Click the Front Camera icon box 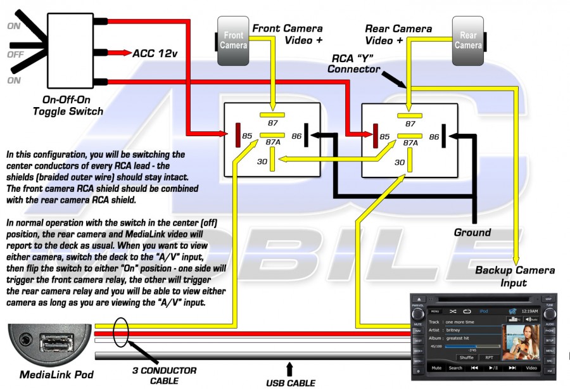[x=233, y=40]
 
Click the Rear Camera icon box [x=468, y=40]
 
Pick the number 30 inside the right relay [x=400, y=162]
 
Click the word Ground [x=472, y=232]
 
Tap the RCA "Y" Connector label [x=357, y=63]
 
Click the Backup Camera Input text [x=515, y=276]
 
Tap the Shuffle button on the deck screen [x=466, y=357]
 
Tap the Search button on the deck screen [x=455, y=367]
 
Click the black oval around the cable [x=122, y=331]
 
